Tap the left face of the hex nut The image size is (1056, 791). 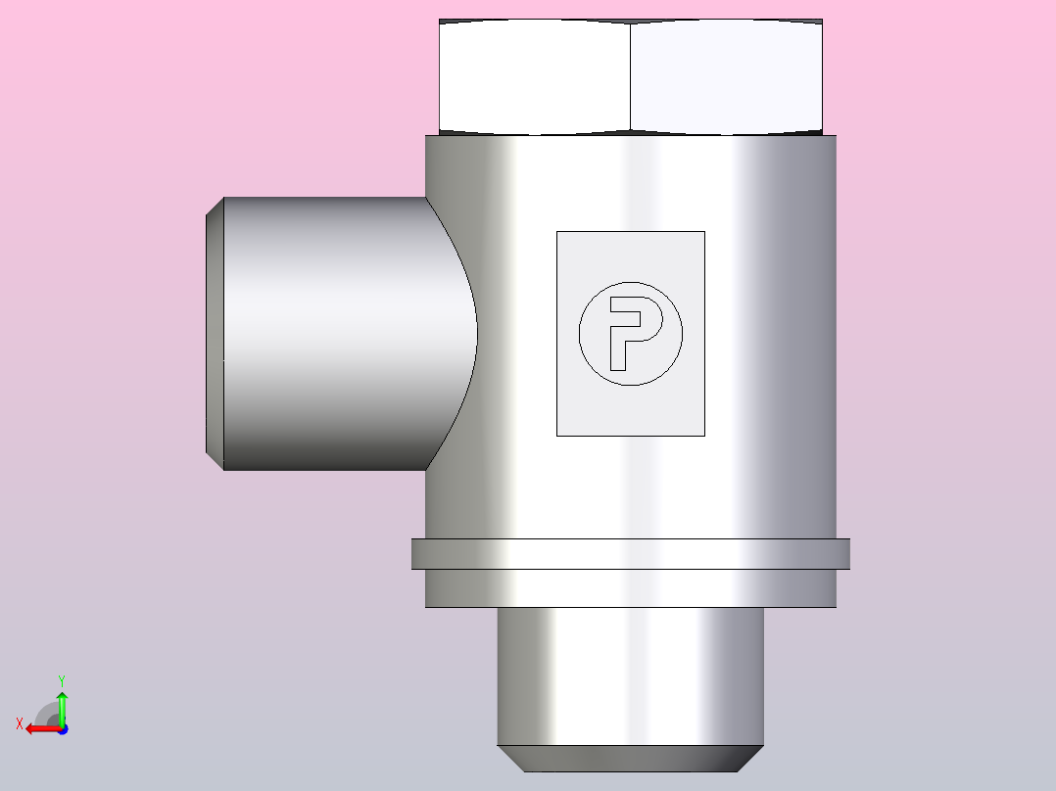coord(535,75)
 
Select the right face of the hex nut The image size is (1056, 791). coord(726,75)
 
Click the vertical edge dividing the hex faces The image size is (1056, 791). coord(631,76)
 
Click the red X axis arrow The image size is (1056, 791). coord(44,729)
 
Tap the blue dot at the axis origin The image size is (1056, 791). coord(64,729)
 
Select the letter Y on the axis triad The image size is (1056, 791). coord(62,680)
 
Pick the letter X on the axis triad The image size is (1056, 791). coord(20,724)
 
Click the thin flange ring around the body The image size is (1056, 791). coord(631,554)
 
